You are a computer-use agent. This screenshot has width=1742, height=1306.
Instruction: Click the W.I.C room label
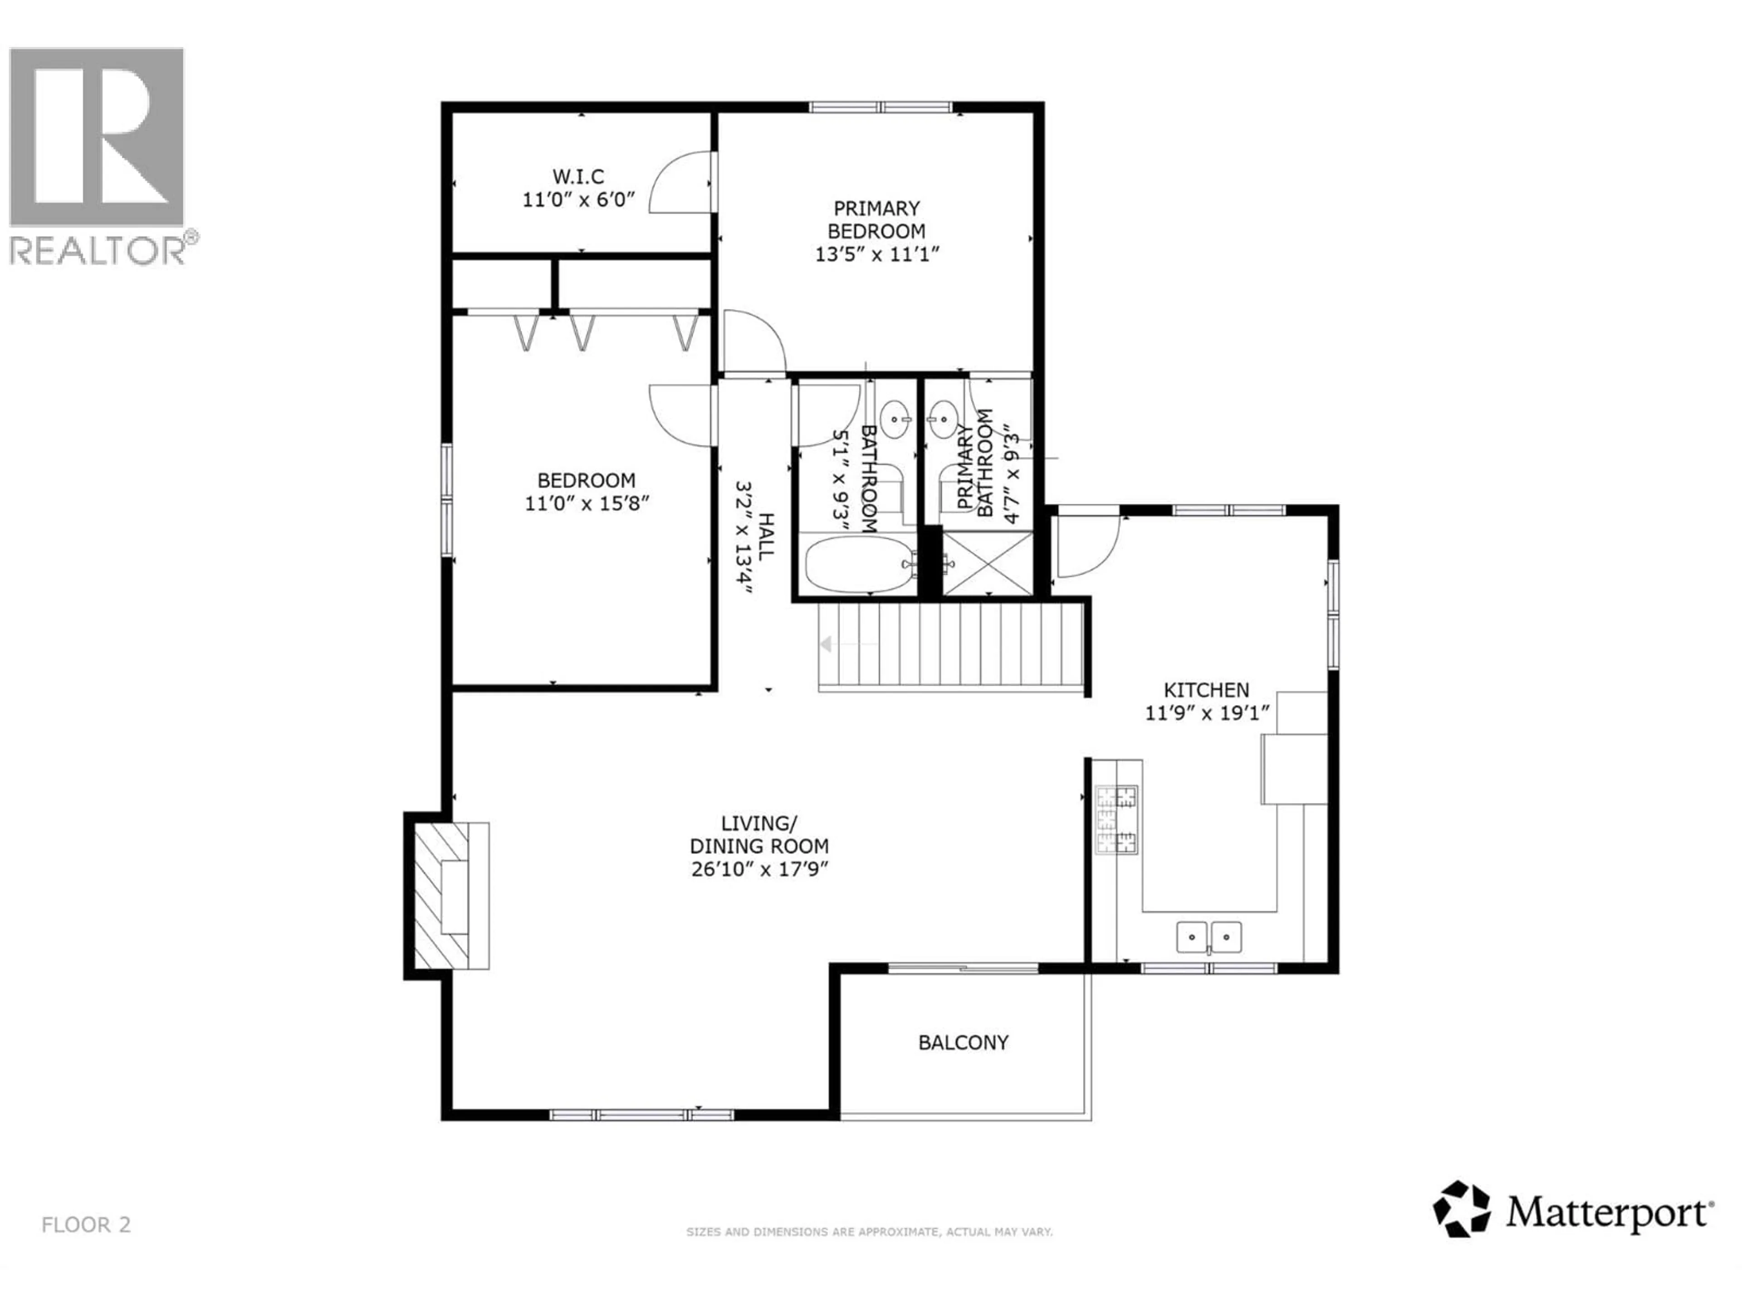(x=578, y=176)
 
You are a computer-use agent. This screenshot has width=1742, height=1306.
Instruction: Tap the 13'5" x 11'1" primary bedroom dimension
(x=877, y=254)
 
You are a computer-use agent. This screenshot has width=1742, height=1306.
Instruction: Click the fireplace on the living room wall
(x=445, y=897)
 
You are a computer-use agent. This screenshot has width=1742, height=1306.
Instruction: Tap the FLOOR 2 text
(x=86, y=1225)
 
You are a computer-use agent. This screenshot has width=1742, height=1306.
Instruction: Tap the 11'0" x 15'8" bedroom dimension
(x=587, y=503)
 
